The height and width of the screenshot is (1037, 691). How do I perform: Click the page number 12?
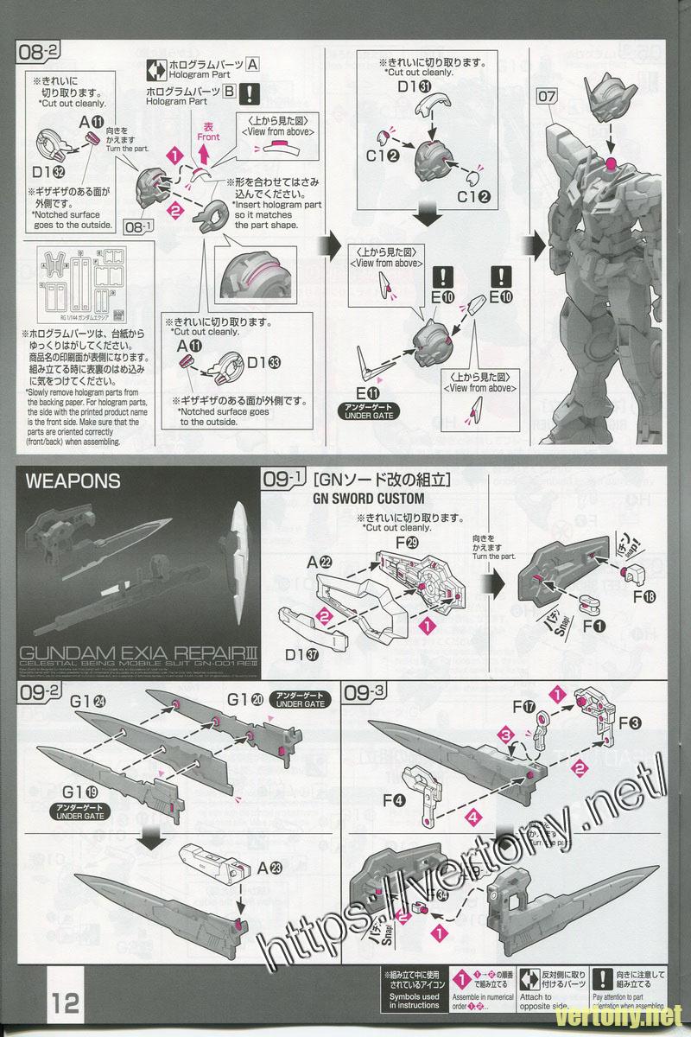(x=65, y=1003)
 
